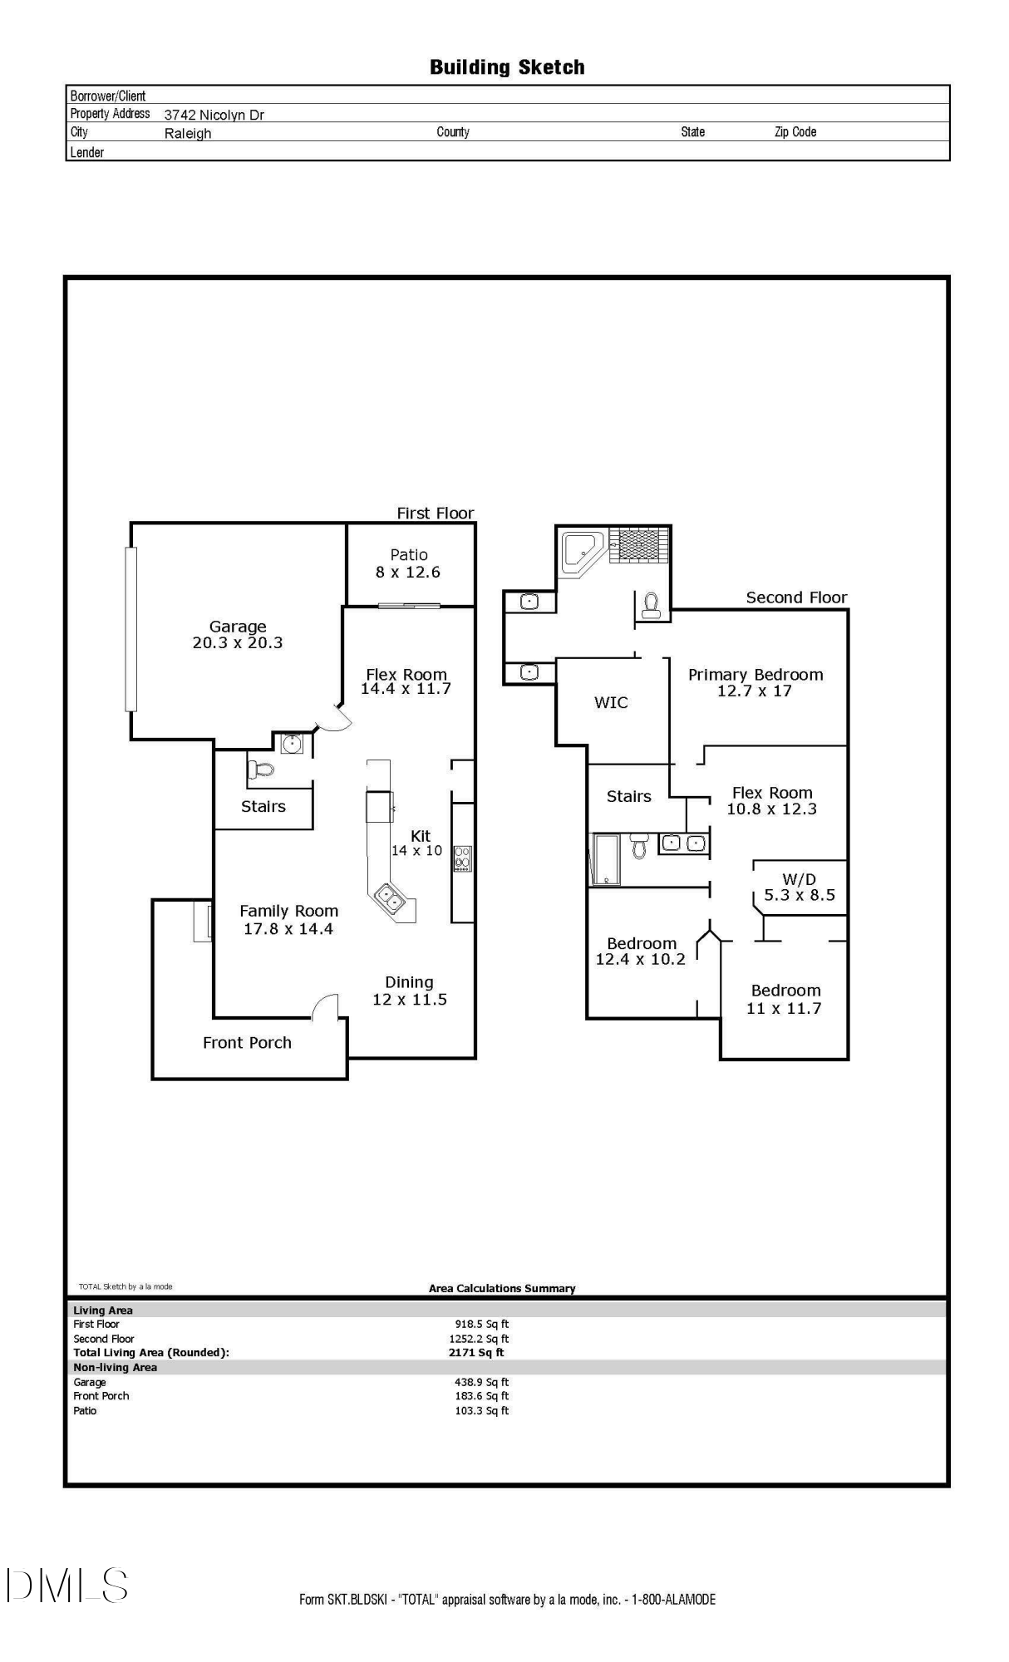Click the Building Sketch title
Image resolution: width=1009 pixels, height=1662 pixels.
(507, 67)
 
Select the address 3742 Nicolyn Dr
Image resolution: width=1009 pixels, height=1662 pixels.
(214, 115)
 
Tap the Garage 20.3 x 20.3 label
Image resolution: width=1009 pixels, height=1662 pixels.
(238, 635)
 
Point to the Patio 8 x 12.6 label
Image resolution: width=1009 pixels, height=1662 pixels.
(408, 563)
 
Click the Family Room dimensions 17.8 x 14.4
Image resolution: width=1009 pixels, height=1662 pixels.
(288, 929)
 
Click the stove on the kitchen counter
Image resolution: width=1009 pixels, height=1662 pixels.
(463, 858)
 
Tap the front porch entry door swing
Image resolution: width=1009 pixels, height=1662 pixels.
(327, 1006)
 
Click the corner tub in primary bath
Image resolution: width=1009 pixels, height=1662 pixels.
(583, 550)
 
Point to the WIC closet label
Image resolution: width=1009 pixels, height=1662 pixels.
(611, 703)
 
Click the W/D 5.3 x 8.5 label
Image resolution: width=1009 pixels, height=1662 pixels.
(800, 888)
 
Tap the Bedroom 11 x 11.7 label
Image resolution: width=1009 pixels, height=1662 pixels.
(785, 999)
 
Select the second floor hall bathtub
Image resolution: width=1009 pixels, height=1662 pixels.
(605, 859)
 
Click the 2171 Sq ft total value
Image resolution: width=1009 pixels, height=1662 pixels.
(476, 1353)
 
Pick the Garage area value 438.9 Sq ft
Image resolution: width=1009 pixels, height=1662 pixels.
(481, 1382)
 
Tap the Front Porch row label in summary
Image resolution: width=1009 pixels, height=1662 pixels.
(101, 1396)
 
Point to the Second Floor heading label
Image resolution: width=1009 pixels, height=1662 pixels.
(796, 597)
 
